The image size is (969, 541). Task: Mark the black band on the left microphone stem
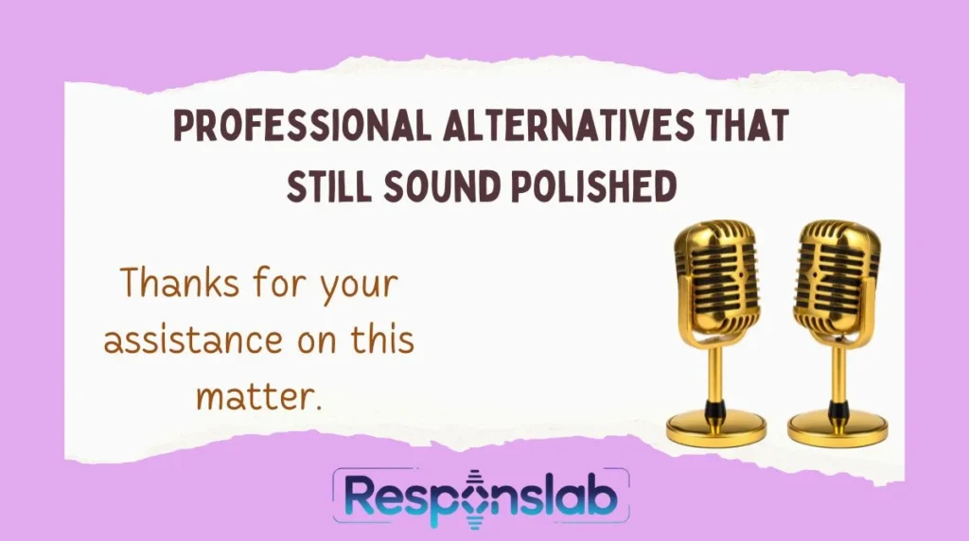click(716, 409)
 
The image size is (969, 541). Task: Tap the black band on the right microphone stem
click(837, 409)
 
